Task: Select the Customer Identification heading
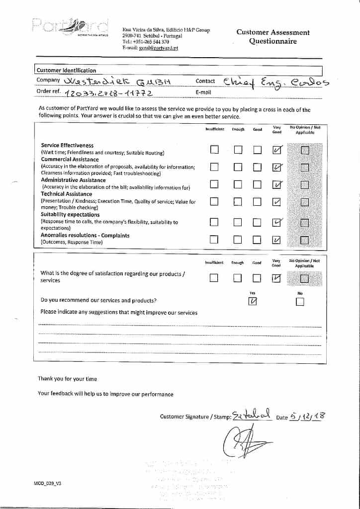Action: tap(67, 71)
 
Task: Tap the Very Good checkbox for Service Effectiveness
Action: tap(277, 150)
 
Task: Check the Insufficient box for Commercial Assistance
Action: tap(214, 168)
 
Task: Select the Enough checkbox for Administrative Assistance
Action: tap(238, 185)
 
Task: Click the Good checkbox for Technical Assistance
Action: tap(257, 202)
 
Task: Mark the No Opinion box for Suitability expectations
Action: tap(304, 222)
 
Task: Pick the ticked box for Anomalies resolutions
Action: tap(277, 240)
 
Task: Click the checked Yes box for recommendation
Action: tap(253, 301)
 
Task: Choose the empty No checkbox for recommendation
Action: tap(300, 302)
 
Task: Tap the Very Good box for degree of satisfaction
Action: tap(277, 278)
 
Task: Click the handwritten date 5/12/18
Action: tap(307, 416)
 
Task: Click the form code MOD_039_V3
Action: tap(48, 483)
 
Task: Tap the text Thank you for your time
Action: tap(68, 379)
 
